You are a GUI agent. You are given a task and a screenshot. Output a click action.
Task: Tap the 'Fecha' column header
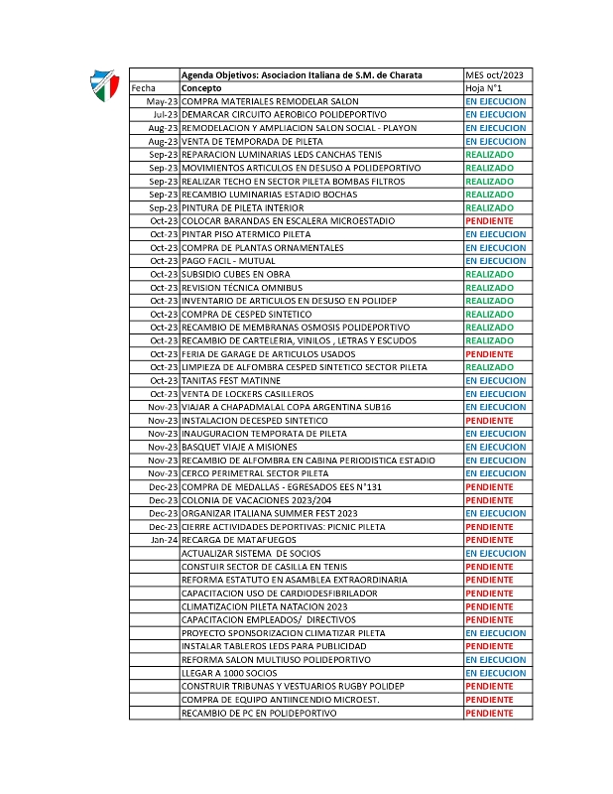coord(144,88)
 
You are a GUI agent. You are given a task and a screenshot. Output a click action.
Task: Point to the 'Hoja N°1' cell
coord(485,88)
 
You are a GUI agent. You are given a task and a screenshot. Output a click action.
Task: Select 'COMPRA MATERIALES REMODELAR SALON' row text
coord(263,102)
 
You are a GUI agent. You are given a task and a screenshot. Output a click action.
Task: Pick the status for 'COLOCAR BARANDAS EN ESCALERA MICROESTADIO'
coord(489,221)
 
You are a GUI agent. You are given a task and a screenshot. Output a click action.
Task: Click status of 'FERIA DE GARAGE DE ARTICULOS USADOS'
coord(489,354)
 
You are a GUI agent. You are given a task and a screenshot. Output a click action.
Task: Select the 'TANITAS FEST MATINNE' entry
coord(230,380)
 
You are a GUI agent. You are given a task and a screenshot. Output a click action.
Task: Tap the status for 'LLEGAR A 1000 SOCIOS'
coord(496,673)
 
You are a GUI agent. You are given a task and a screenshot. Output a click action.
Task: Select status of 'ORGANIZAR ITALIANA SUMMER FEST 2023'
coord(496,513)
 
